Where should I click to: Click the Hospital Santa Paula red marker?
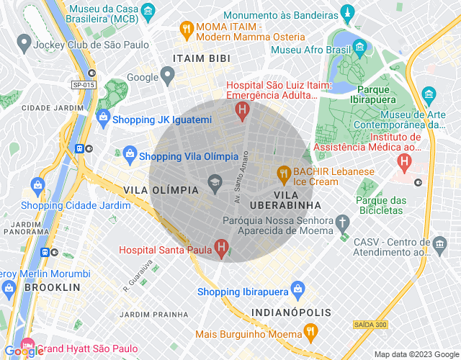(x=221, y=250)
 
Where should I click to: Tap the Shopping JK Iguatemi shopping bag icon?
(x=103, y=117)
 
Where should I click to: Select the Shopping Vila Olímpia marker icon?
(x=129, y=153)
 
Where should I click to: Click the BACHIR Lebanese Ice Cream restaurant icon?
(x=284, y=173)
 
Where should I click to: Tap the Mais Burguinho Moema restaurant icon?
(x=310, y=332)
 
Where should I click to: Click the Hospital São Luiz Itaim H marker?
(x=243, y=109)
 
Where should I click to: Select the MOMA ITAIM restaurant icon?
(x=186, y=30)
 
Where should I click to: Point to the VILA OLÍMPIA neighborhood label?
(x=161, y=190)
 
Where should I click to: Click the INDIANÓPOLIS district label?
(x=292, y=312)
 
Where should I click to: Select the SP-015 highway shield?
(x=84, y=85)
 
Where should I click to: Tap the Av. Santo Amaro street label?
(x=241, y=176)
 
